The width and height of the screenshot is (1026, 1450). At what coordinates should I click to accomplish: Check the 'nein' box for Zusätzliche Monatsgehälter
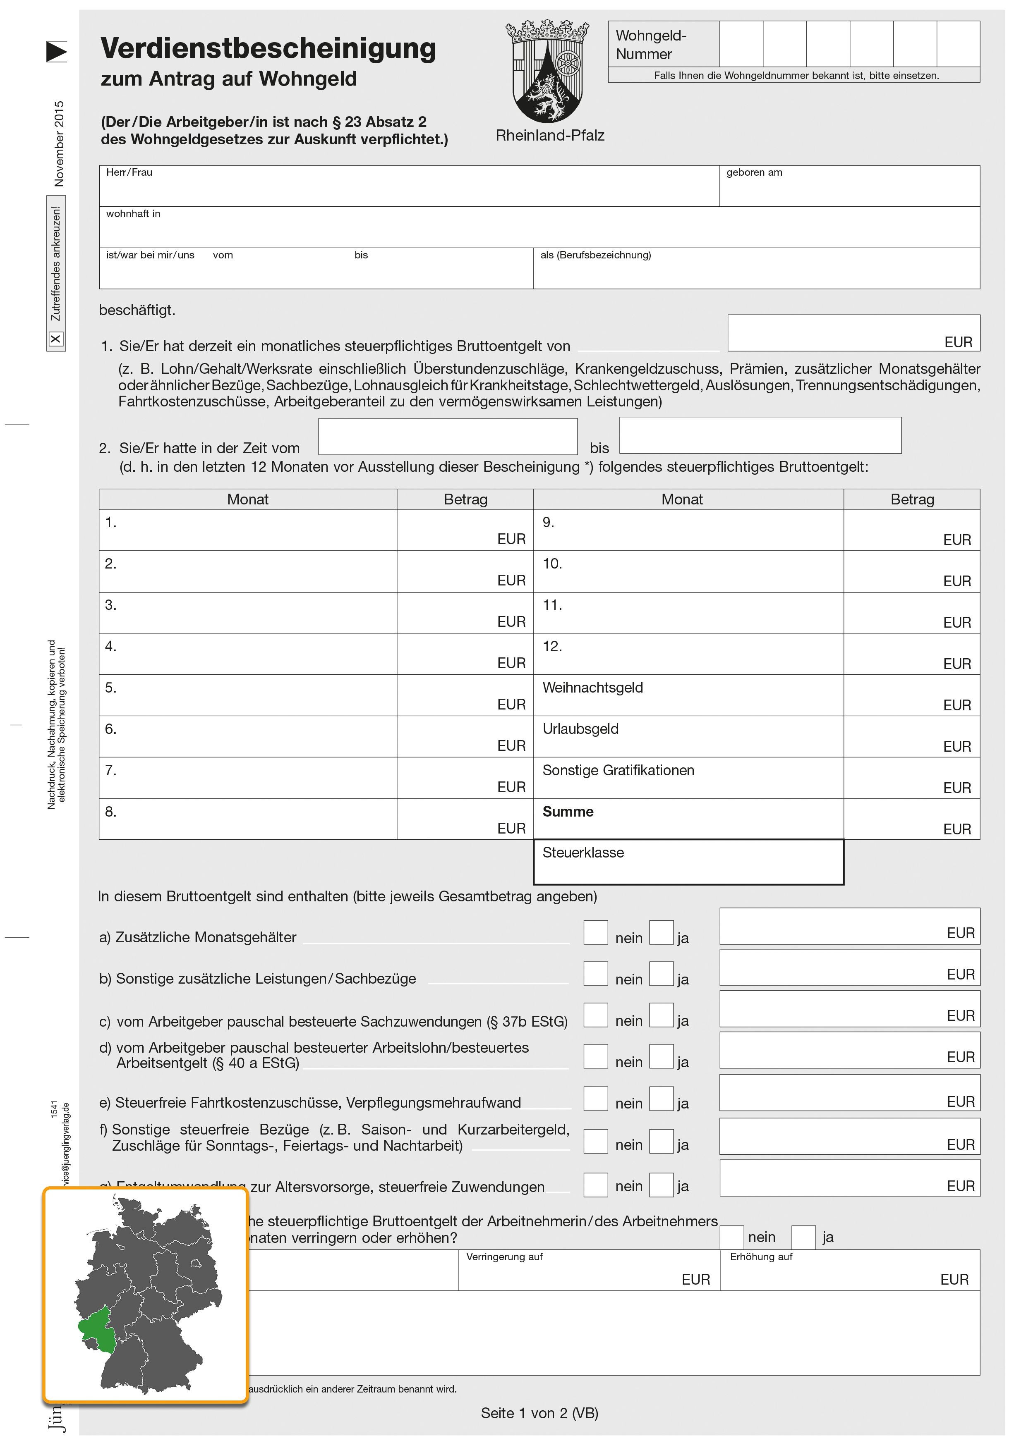595,933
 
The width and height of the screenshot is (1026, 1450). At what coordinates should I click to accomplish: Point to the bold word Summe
568,812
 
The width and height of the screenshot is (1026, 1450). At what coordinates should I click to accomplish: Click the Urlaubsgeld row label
580,729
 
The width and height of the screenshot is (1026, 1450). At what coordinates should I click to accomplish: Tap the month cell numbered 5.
248,695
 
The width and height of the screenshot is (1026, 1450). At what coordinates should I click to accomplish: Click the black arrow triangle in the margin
56,52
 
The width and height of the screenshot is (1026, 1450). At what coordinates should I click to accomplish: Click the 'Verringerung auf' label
504,1257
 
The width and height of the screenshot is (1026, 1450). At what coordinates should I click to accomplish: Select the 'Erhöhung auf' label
761,1257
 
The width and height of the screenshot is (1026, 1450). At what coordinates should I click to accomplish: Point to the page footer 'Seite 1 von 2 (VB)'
539,1413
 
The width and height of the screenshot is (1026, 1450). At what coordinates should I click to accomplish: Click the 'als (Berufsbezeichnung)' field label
595,255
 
